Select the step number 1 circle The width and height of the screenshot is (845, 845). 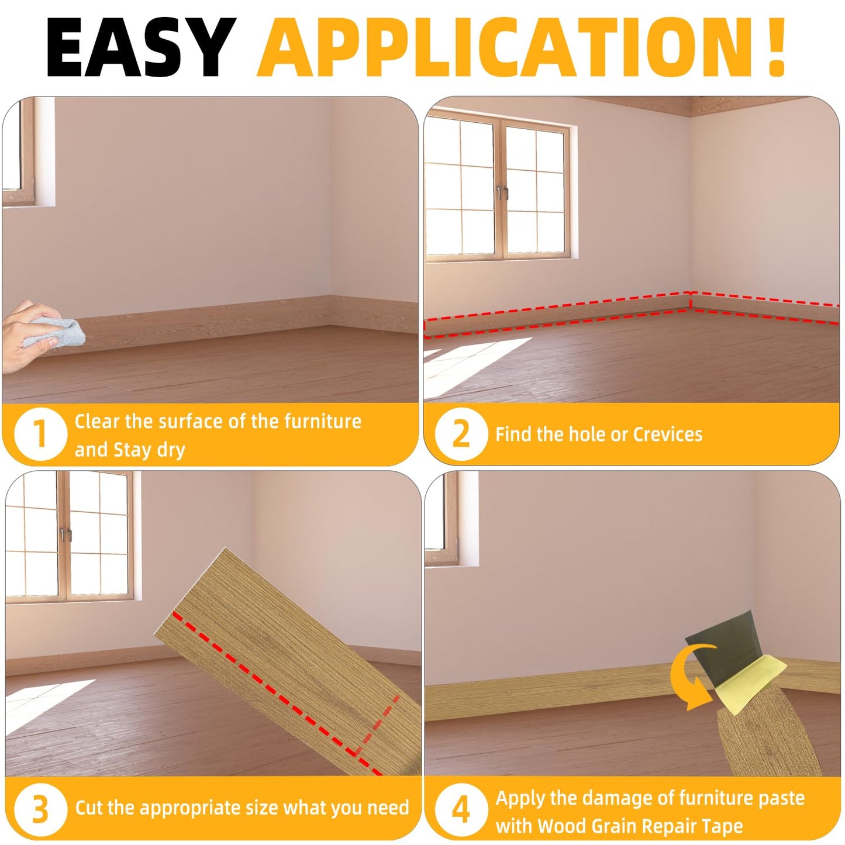point(40,434)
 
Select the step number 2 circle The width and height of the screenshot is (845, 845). point(461,434)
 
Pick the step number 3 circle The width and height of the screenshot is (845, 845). point(40,809)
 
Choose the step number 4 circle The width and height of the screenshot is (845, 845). point(461,809)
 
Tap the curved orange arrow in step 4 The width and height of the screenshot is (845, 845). point(693,675)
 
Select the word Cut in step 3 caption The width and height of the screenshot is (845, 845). point(89,808)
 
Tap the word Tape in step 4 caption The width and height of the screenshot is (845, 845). point(723,826)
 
